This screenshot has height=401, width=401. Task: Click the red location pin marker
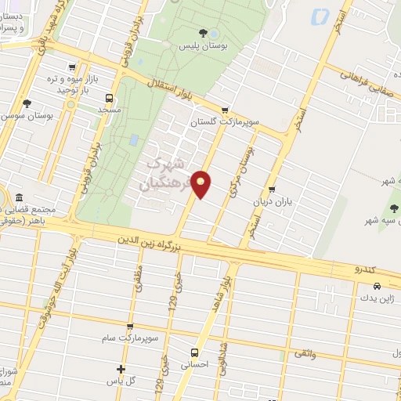pos(201,183)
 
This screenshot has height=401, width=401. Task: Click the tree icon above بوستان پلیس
pos(204,33)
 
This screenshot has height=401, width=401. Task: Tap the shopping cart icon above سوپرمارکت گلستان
pos(226,110)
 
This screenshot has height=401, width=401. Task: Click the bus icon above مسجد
pos(107,99)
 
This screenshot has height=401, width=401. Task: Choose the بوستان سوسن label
pos(27,116)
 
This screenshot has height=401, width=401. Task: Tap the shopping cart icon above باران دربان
pos(271,189)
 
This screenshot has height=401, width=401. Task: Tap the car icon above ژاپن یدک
pos(367,286)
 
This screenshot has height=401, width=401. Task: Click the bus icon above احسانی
pos(195,352)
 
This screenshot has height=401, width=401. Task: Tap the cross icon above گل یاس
pos(121,369)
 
